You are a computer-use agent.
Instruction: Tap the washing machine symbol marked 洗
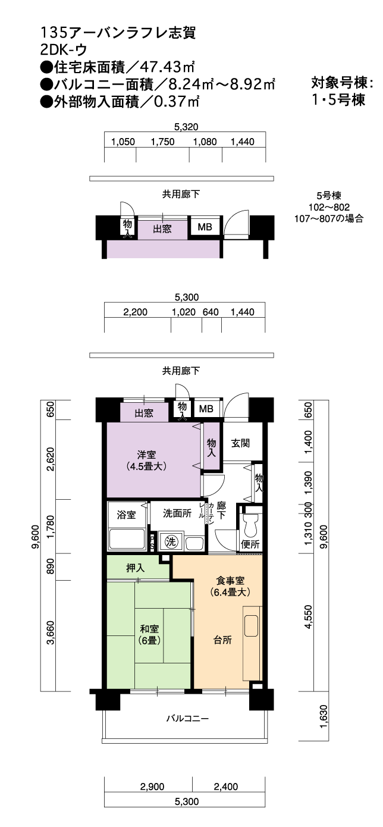tap(171, 541)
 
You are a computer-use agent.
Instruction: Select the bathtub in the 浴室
tap(127, 538)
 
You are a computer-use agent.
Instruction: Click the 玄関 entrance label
tap(241, 443)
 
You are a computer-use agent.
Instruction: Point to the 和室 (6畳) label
tap(149, 634)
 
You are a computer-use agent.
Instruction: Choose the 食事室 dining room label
tap(231, 581)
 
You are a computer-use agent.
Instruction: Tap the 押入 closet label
tap(136, 568)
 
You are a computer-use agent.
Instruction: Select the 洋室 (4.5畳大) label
tap(146, 461)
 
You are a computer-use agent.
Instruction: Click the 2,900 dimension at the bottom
tap(152, 787)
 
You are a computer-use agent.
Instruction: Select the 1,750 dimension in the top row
tap(163, 142)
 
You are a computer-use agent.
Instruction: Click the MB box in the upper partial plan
tap(205, 227)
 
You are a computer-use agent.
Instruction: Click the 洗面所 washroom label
tap(177, 513)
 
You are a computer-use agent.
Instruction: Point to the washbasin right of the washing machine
tap(194, 543)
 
